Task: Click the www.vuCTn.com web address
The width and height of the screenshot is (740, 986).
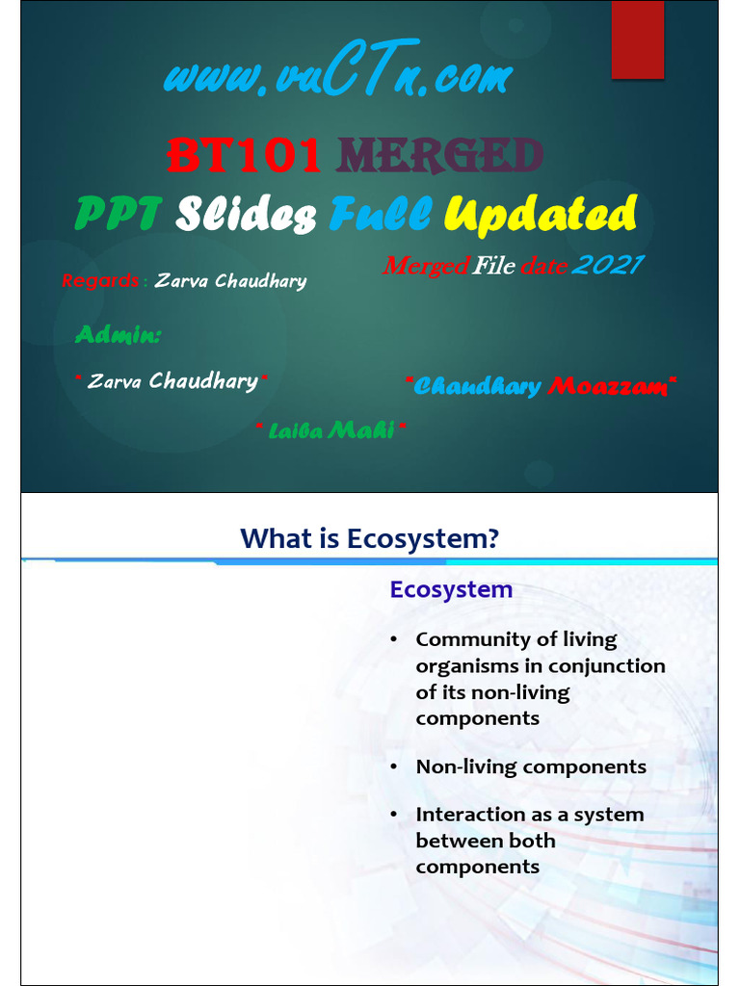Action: pyautogui.click(x=337, y=77)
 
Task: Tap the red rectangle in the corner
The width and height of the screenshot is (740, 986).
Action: pyautogui.click(x=638, y=39)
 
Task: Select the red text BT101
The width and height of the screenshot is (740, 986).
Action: pyautogui.click(x=244, y=154)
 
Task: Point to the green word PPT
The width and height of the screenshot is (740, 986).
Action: pyautogui.click(x=119, y=214)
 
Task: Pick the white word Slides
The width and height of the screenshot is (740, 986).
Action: pyautogui.click(x=246, y=214)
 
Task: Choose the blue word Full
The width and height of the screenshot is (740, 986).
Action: pyautogui.click(x=379, y=214)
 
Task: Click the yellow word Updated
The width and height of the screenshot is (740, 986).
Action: pyautogui.click(x=541, y=214)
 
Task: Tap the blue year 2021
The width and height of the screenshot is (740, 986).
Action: pyautogui.click(x=606, y=265)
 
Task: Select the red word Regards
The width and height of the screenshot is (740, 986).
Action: pyautogui.click(x=99, y=281)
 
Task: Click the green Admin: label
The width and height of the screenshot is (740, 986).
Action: pyautogui.click(x=119, y=335)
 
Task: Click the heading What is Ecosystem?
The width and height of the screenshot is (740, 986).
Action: pyautogui.click(x=369, y=538)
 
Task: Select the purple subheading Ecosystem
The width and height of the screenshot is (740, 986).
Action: pyautogui.click(x=451, y=589)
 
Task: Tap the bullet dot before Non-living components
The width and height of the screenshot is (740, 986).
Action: pyautogui.click(x=394, y=767)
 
